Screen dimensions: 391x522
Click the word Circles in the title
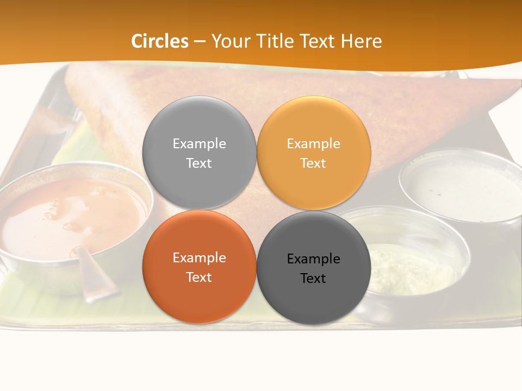pyautogui.click(x=160, y=41)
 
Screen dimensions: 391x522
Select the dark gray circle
pyautogui.click(x=314, y=299)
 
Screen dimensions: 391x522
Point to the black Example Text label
pyautogui.click(x=314, y=268)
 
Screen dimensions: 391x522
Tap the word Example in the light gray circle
pyautogui.click(x=199, y=143)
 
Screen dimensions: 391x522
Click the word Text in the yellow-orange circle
pyautogui.click(x=313, y=163)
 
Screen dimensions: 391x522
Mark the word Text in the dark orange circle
pyautogui.click(x=199, y=277)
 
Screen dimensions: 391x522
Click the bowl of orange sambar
pyautogui.click(x=71, y=217)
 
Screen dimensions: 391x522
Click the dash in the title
pyautogui.click(x=200, y=41)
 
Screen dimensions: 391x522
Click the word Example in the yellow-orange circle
pyautogui.click(x=313, y=143)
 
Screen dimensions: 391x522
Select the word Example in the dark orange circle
pyautogui.click(x=199, y=257)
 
